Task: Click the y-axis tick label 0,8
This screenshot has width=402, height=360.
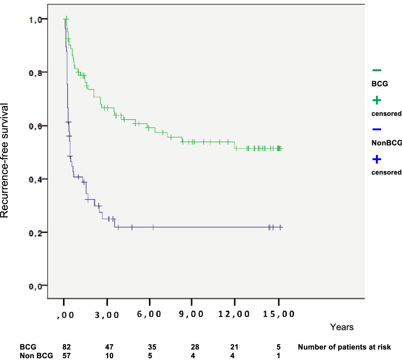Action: (35, 73)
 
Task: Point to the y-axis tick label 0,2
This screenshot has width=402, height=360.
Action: (35, 233)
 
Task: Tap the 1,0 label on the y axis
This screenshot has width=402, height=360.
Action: (35, 20)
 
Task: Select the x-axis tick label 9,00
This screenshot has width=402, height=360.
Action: (191, 314)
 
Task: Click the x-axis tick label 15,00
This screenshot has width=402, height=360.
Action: (278, 314)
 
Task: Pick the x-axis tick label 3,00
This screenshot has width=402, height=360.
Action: (107, 315)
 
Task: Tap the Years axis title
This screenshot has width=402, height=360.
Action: (342, 327)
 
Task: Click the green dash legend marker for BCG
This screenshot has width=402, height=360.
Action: (377, 70)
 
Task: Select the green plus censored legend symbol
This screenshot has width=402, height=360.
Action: (377, 100)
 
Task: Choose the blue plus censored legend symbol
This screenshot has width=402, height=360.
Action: (377, 160)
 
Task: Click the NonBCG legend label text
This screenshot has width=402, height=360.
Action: (387, 143)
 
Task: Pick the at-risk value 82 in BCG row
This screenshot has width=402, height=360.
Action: (67, 347)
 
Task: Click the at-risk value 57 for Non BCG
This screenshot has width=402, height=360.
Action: (67, 356)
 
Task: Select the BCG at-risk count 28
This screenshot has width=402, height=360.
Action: (195, 347)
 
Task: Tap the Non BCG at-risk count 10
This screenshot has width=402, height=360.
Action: (109, 356)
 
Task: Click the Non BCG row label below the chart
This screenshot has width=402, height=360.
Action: (36, 356)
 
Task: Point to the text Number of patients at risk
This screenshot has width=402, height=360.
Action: (344, 347)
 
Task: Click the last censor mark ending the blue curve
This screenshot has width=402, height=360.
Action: (280, 227)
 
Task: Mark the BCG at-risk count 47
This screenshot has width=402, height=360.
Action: (109, 347)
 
